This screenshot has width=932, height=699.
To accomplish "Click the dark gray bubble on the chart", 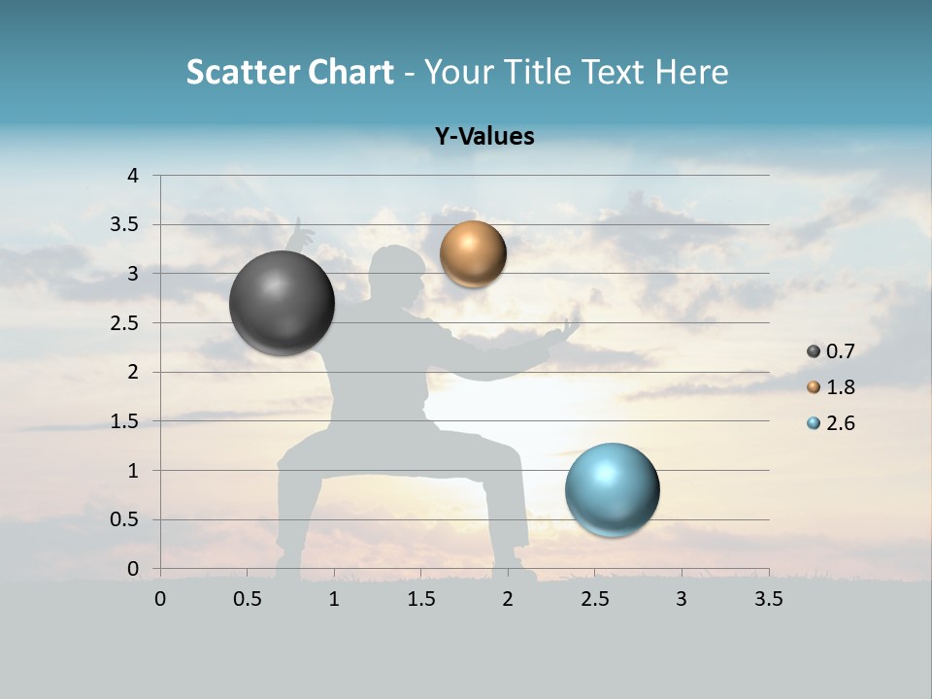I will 283,303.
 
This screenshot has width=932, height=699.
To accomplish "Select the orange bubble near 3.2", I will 473,253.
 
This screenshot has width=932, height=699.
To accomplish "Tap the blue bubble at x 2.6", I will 612,489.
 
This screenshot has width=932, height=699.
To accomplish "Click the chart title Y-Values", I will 484,137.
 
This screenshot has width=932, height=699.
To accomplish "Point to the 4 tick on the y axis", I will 133,176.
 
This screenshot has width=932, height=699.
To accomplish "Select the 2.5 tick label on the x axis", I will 594,599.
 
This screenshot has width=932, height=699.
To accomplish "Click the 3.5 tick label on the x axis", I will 768,599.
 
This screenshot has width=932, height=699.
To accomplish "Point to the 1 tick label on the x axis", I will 334,599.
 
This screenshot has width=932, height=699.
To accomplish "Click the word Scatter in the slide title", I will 242,72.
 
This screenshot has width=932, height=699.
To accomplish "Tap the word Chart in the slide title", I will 350,72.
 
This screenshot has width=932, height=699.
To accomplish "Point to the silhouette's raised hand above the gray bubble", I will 302,233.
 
